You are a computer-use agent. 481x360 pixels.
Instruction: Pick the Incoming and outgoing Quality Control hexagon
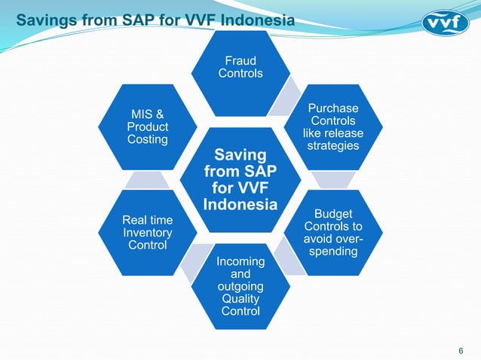240,286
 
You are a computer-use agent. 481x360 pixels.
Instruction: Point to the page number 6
461,349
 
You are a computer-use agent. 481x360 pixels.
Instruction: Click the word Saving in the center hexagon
240,154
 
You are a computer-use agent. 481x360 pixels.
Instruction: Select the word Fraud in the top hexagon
240,60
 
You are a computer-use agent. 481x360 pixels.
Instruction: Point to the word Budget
334,214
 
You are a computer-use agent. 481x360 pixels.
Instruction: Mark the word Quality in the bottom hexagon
240,299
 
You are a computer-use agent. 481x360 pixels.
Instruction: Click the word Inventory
147,233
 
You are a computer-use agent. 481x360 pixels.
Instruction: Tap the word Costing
147,140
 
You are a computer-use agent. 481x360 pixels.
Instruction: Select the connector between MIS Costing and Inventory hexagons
147,180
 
